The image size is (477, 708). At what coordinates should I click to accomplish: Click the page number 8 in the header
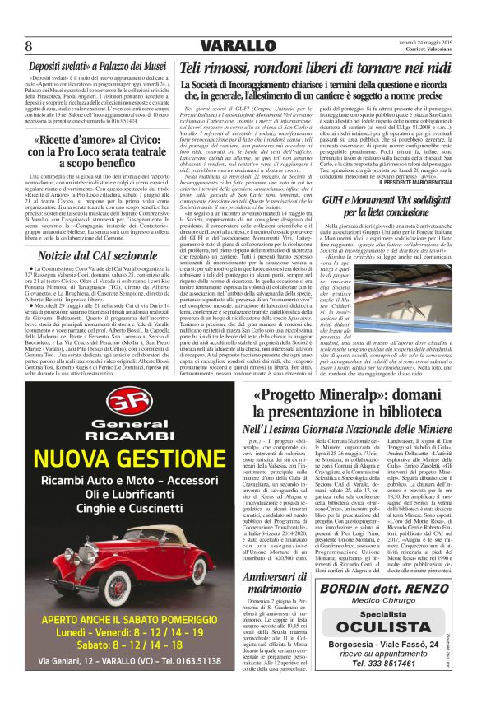(x=29, y=44)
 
